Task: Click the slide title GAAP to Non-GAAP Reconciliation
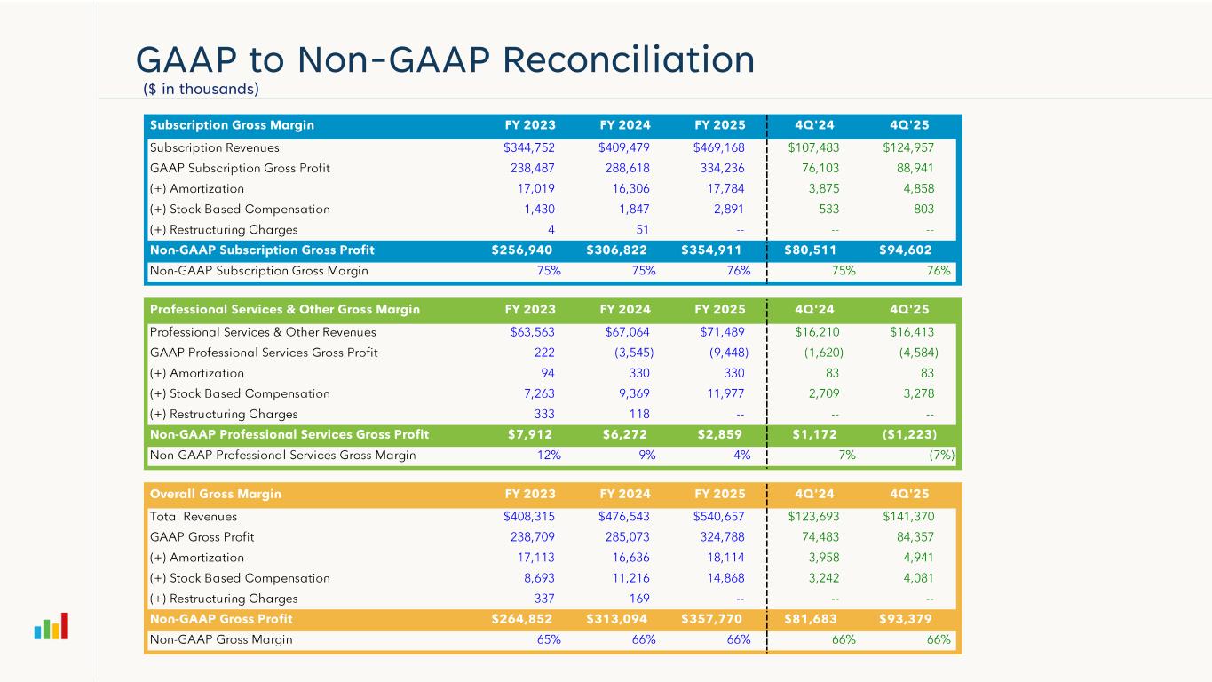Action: click(445, 59)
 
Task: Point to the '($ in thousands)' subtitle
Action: click(201, 89)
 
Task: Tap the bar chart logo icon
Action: click(51, 627)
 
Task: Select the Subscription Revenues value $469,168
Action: click(718, 147)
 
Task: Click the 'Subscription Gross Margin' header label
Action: click(232, 125)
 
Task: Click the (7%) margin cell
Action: click(939, 456)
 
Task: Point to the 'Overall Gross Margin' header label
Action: click(216, 494)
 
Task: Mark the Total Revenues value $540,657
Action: click(718, 517)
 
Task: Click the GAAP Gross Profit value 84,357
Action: click(913, 537)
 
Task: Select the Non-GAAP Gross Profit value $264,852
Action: click(523, 619)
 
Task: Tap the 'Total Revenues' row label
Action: click(194, 517)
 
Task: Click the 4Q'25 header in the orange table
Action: click(909, 494)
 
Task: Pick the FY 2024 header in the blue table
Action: click(625, 125)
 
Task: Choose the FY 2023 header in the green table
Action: click(530, 310)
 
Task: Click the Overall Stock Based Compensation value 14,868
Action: click(720, 578)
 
